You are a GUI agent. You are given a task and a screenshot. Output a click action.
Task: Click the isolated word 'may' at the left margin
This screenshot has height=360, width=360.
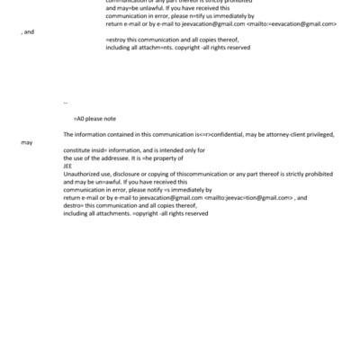click(27, 142)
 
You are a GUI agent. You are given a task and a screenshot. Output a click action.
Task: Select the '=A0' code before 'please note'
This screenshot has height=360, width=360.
click(79, 118)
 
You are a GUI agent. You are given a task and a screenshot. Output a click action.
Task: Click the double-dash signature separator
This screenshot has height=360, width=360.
click(66, 102)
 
